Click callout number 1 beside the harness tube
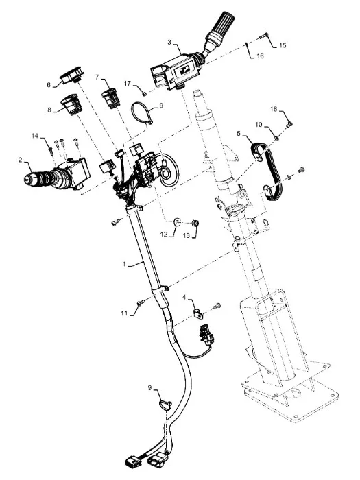[x=124, y=264]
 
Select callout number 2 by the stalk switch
[x=20, y=160]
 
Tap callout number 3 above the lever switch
[x=169, y=42]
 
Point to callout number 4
[x=184, y=297]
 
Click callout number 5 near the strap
[x=239, y=133]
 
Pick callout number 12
[x=165, y=235]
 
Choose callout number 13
[x=187, y=235]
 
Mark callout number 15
[x=283, y=45]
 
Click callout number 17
[x=128, y=83]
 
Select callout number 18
[x=274, y=109]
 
